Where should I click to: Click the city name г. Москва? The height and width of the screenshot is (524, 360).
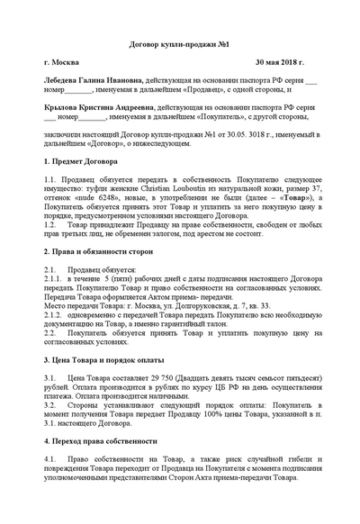click(64, 64)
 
